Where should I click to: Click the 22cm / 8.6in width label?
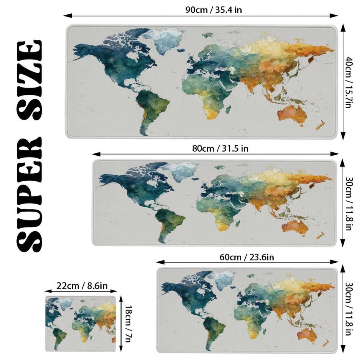82,286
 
